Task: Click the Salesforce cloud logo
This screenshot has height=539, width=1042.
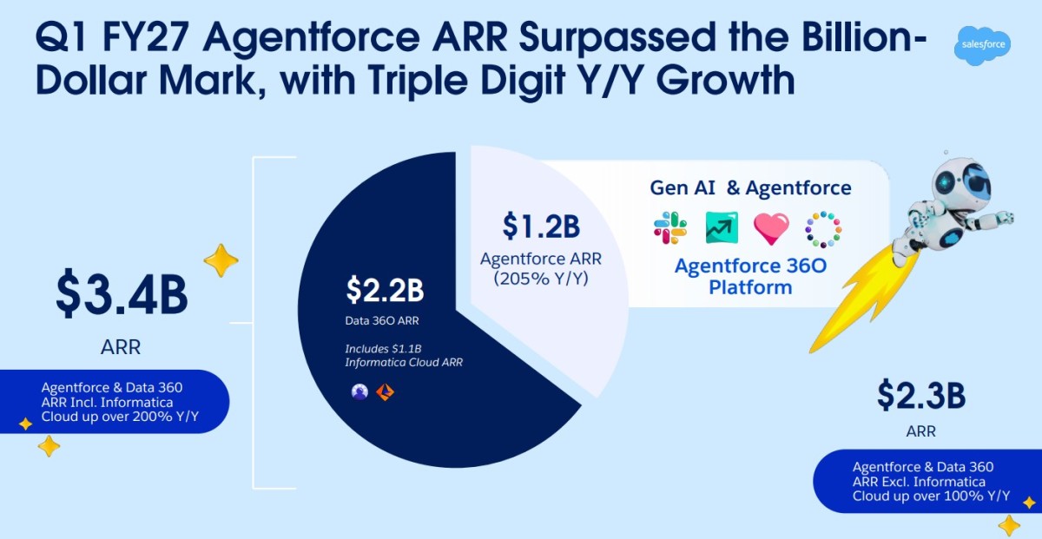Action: point(982,45)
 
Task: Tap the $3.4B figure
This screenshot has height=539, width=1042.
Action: point(122,294)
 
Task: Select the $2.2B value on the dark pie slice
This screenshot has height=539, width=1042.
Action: point(386,290)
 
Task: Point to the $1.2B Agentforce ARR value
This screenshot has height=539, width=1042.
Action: point(541,226)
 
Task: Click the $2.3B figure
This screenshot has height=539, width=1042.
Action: point(921,395)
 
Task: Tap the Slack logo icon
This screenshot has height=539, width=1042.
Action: point(670,228)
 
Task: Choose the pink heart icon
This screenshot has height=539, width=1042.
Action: point(771,229)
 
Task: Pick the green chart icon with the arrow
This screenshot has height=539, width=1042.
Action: point(722,228)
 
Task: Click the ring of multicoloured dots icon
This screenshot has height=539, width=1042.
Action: point(823,229)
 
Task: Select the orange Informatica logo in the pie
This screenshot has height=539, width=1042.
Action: point(386,392)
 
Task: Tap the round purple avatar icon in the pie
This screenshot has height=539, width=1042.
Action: point(359,391)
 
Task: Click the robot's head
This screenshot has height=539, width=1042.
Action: point(961,184)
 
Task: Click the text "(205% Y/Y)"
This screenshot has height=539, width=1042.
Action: point(541,279)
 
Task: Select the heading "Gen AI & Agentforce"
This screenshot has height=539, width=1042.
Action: point(750,187)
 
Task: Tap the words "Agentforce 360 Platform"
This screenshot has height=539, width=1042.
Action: point(750,276)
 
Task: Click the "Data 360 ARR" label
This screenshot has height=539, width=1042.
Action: point(382,321)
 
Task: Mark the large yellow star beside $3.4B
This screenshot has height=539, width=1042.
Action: point(221,260)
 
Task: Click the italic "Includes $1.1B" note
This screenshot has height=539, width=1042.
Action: point(383,349)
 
